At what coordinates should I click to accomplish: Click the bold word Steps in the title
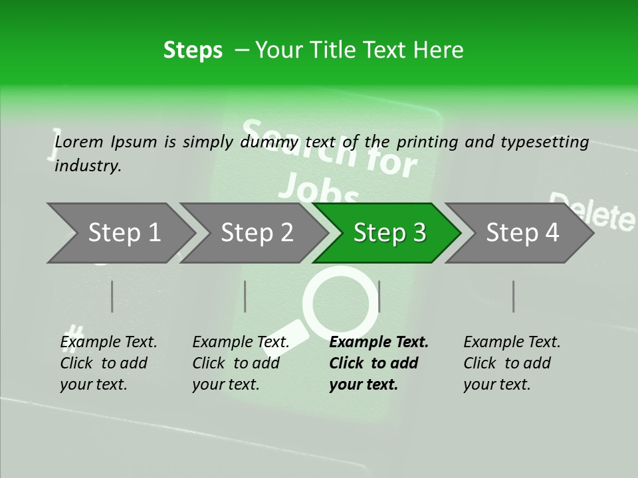(193, 50)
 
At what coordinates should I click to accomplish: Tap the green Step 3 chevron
(389, 233)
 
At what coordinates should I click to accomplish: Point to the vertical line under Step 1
(112, 296)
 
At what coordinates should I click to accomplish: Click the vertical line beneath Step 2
(245, 296)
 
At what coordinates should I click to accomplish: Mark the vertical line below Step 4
(514, 296)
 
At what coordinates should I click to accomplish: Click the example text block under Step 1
(108, 363)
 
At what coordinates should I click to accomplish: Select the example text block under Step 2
(241, 363)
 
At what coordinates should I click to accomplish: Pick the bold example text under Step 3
(378, 363)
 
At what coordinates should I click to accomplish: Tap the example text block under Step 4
(512, 363)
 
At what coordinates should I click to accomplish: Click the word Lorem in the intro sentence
(79, 141)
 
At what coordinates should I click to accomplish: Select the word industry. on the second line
(88, 166)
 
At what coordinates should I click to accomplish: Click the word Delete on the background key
(592, 212)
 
